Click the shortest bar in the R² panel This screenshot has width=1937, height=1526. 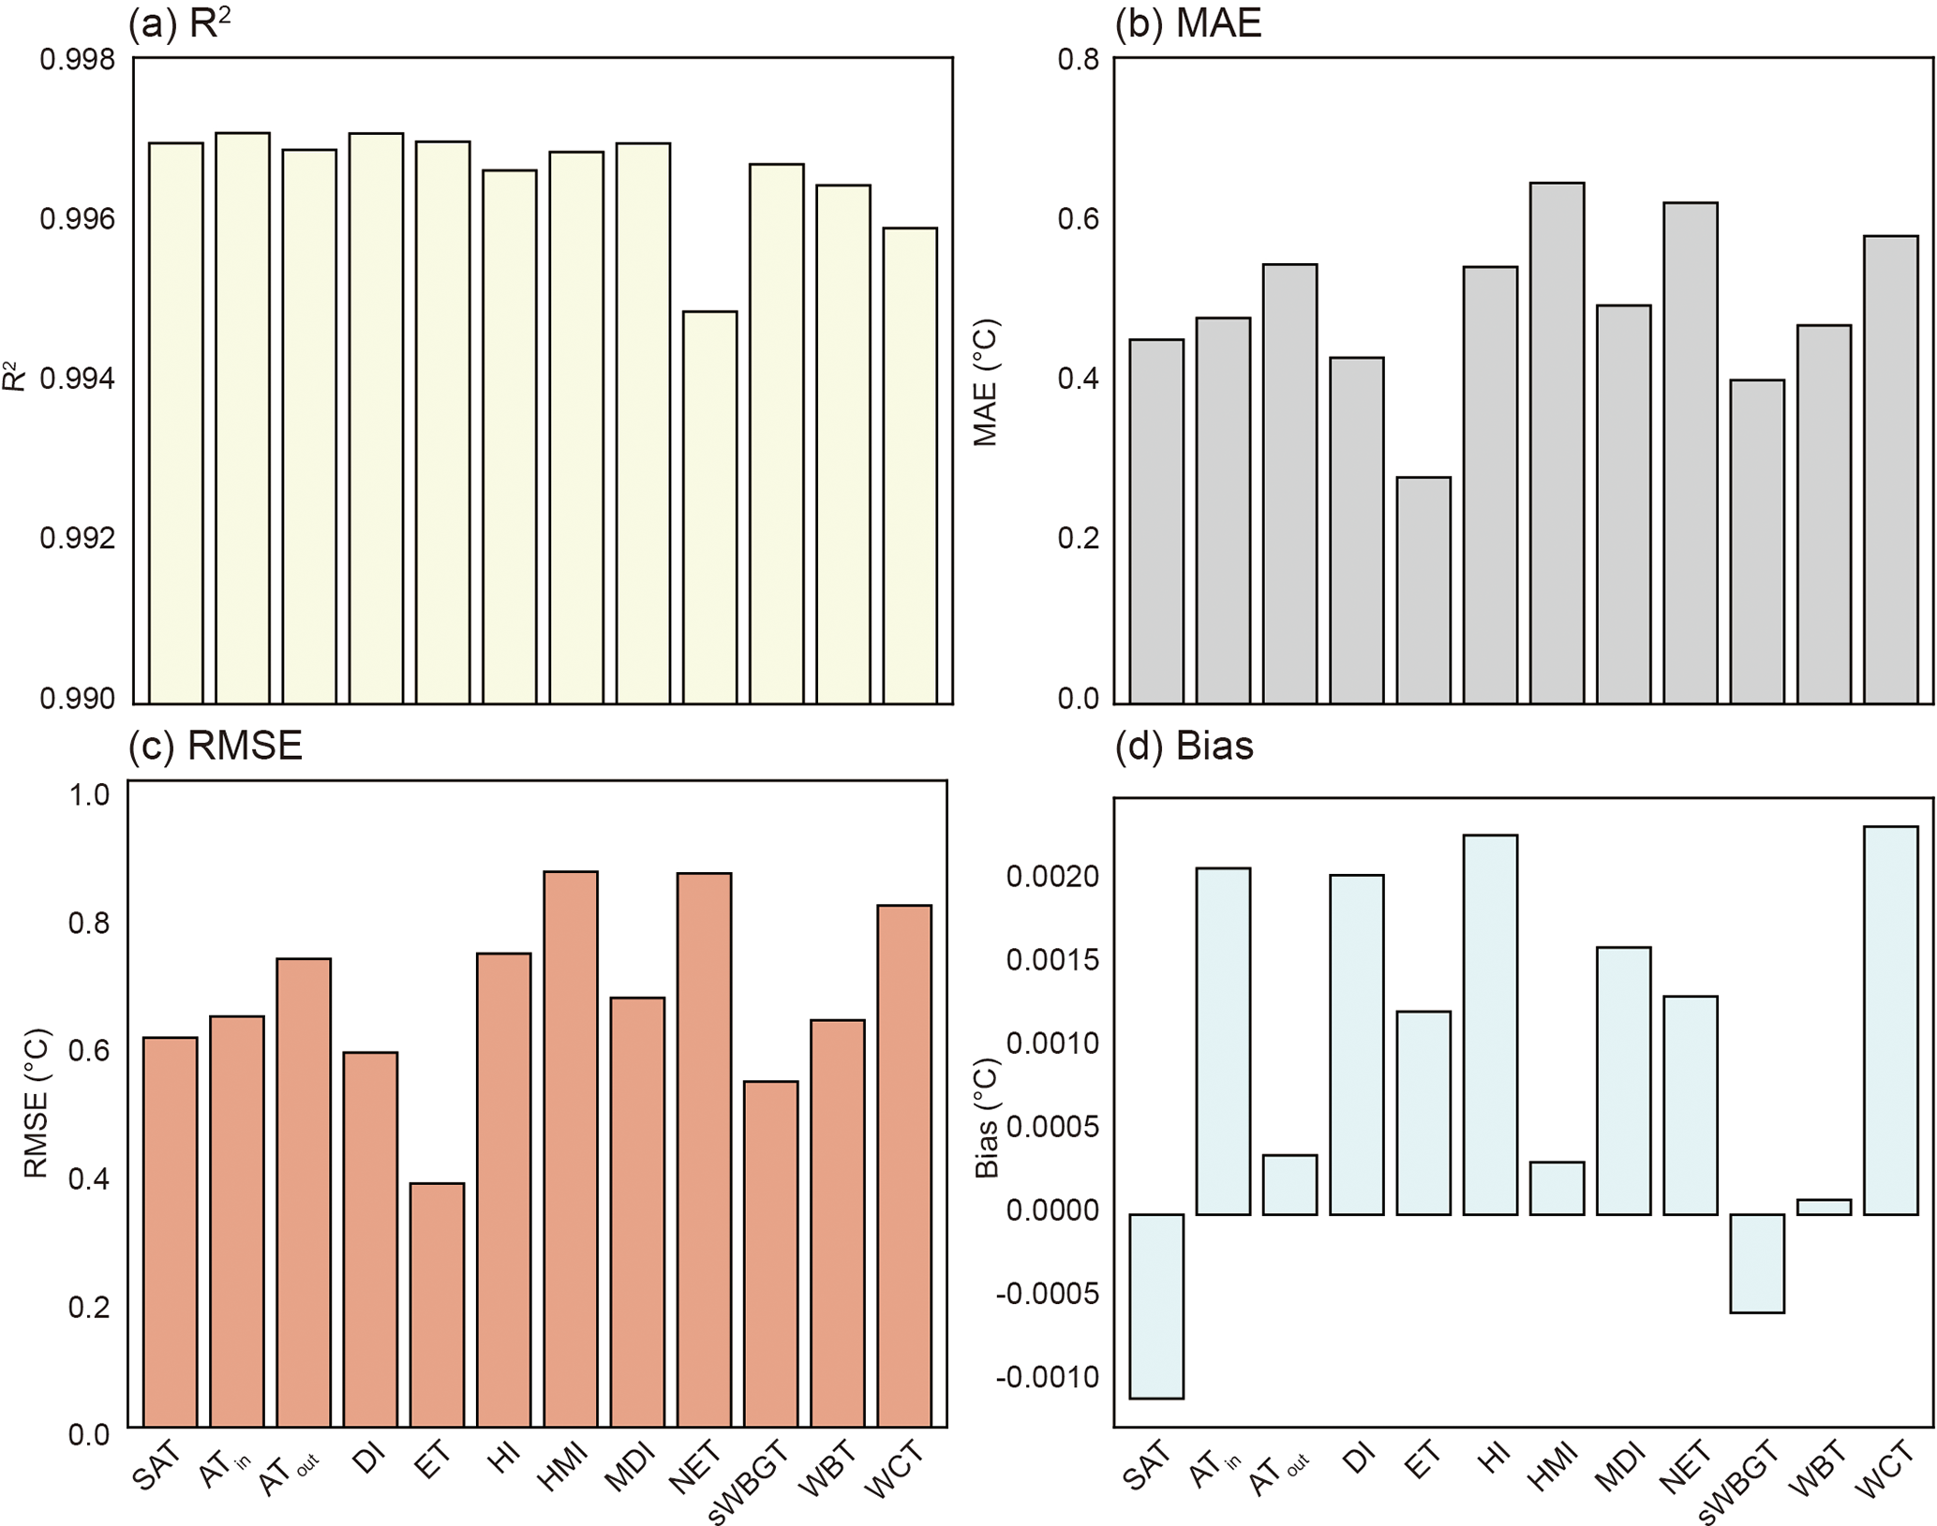[709, 507]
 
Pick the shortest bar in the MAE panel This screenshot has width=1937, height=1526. [1423, 590]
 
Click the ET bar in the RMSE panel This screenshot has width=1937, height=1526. [438, 1305]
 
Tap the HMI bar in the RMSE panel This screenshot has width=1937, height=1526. [571, 1148]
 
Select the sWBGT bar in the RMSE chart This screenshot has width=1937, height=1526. [771, 1253]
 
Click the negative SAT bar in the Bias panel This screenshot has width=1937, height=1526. [1156, 1306]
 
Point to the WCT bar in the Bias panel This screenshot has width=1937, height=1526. [1891, 1020]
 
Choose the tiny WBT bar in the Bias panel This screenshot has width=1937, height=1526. [1825, 1207]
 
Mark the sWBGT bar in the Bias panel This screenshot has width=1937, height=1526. [1757, 1263]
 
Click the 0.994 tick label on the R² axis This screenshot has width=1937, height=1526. [78, 378]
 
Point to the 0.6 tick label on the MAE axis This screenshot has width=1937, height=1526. [1078, 219]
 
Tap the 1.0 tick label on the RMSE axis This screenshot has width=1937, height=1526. [89, 795]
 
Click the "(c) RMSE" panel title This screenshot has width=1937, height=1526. [216, 746]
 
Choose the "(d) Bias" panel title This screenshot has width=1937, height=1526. [1184, 746]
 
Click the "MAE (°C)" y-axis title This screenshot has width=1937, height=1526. [985, 382]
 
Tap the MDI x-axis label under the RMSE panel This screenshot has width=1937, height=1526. [629, 1469]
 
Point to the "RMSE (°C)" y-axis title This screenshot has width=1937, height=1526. [36, 1104]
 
